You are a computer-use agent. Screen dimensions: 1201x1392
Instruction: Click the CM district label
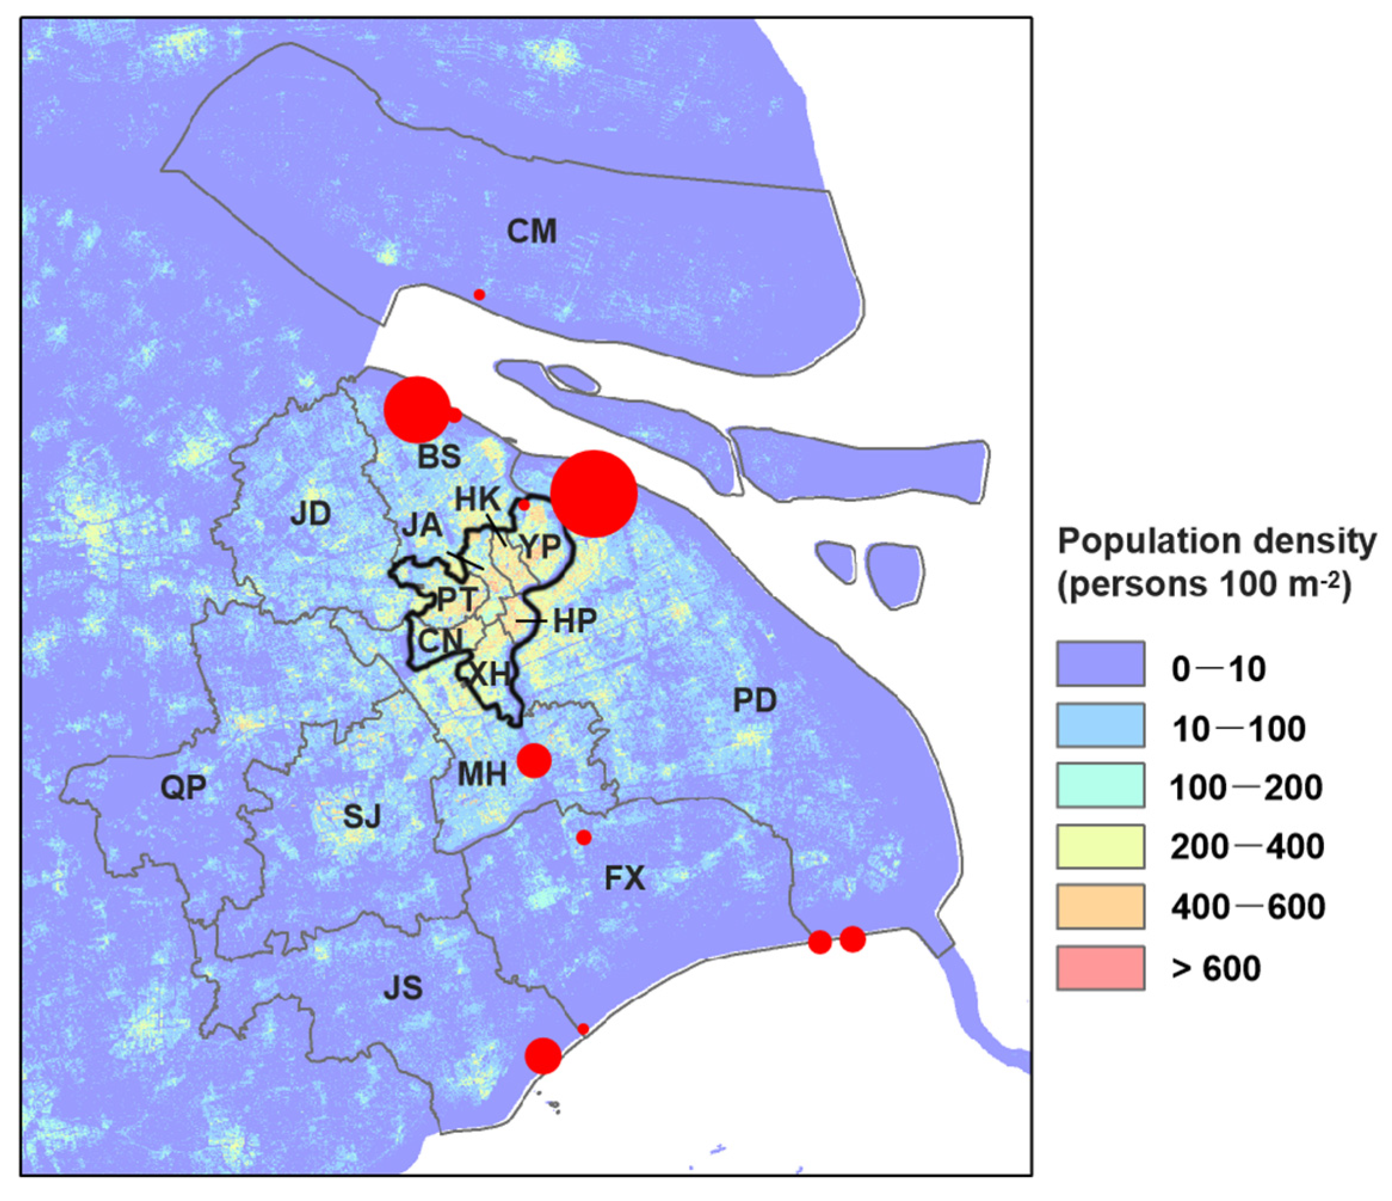[x=532, y=232]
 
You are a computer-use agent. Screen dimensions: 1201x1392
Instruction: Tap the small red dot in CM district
[x=479, y=294]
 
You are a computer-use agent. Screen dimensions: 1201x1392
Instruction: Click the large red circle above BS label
[x=417, y=409]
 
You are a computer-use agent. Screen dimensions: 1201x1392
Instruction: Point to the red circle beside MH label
[x=534, y=760]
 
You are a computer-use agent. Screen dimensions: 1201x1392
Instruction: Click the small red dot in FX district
[x=584, y=837]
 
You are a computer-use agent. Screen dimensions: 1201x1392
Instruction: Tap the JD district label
[x=310, y=514]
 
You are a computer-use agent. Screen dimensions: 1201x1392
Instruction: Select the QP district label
[x=183, y=787]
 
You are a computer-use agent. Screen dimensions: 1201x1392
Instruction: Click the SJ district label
[x=362, y=817]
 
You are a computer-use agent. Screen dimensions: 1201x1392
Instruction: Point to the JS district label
[x=403, y=987]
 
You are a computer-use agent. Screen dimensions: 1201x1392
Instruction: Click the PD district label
[x=754, y=701]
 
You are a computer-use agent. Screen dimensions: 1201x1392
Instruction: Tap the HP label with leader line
[x=575, y=621]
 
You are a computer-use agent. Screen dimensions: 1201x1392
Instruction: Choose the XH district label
[x=489, y=674]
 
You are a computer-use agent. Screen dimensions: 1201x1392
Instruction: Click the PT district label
[x=457, y=599]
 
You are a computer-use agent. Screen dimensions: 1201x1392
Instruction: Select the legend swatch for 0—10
[x=1100, y=664]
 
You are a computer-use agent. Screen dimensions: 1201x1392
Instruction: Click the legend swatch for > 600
[x=1100, y=968]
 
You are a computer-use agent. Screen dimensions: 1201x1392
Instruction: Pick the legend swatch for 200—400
[x=1100, y=847]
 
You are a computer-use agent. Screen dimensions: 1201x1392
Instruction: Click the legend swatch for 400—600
[x=1100, y=907]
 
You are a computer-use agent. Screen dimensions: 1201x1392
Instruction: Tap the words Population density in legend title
[x=1217, y=541]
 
